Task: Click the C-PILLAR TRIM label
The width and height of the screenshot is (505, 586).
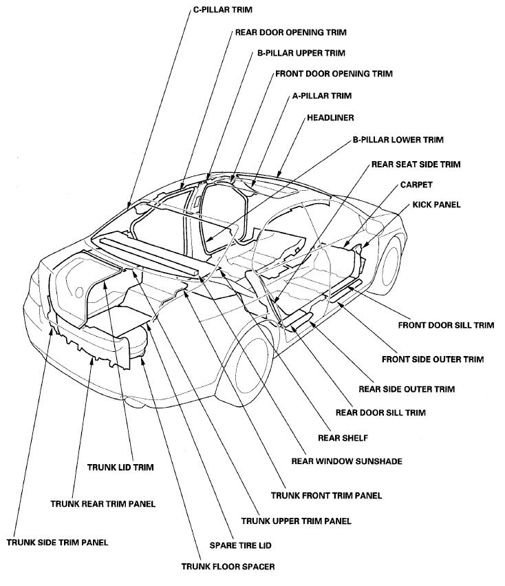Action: (x=223, y=10)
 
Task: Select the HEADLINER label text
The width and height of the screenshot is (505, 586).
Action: (x=330, y=118)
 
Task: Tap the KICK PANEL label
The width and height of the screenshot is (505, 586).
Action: (x=436, y=205)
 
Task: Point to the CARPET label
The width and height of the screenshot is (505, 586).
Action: (x=416, y=185)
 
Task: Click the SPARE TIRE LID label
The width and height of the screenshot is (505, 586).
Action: (x=240, y=545)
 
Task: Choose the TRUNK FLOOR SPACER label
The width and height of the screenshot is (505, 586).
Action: (x=228, y=567)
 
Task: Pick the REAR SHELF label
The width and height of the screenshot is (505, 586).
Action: (x=343, y=438)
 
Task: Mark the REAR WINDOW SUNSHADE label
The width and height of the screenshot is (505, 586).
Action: (x=347, y=461)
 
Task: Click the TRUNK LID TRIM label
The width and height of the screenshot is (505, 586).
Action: (x=120, y=467)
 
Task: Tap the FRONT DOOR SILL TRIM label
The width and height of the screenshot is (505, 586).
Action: (x=446, y=325)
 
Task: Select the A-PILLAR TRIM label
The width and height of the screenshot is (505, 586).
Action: (x=321, y=96)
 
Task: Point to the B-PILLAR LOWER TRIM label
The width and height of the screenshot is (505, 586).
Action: (x=398, y=140)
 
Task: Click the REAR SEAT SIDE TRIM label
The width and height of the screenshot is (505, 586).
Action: (x=416, y=165)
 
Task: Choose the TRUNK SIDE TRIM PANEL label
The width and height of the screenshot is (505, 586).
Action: (x=57, y=543)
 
